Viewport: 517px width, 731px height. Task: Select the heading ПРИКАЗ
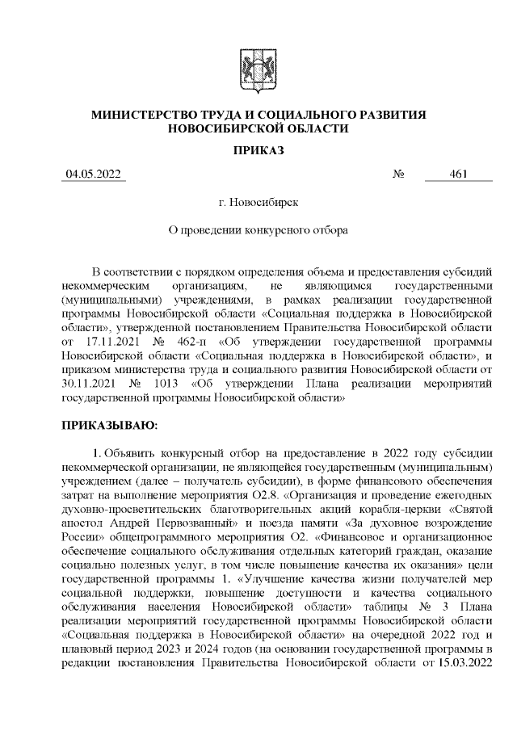click(258, 149)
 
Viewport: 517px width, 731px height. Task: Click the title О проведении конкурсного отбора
click(258, 230)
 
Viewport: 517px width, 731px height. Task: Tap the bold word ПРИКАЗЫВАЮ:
click(110, 423)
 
